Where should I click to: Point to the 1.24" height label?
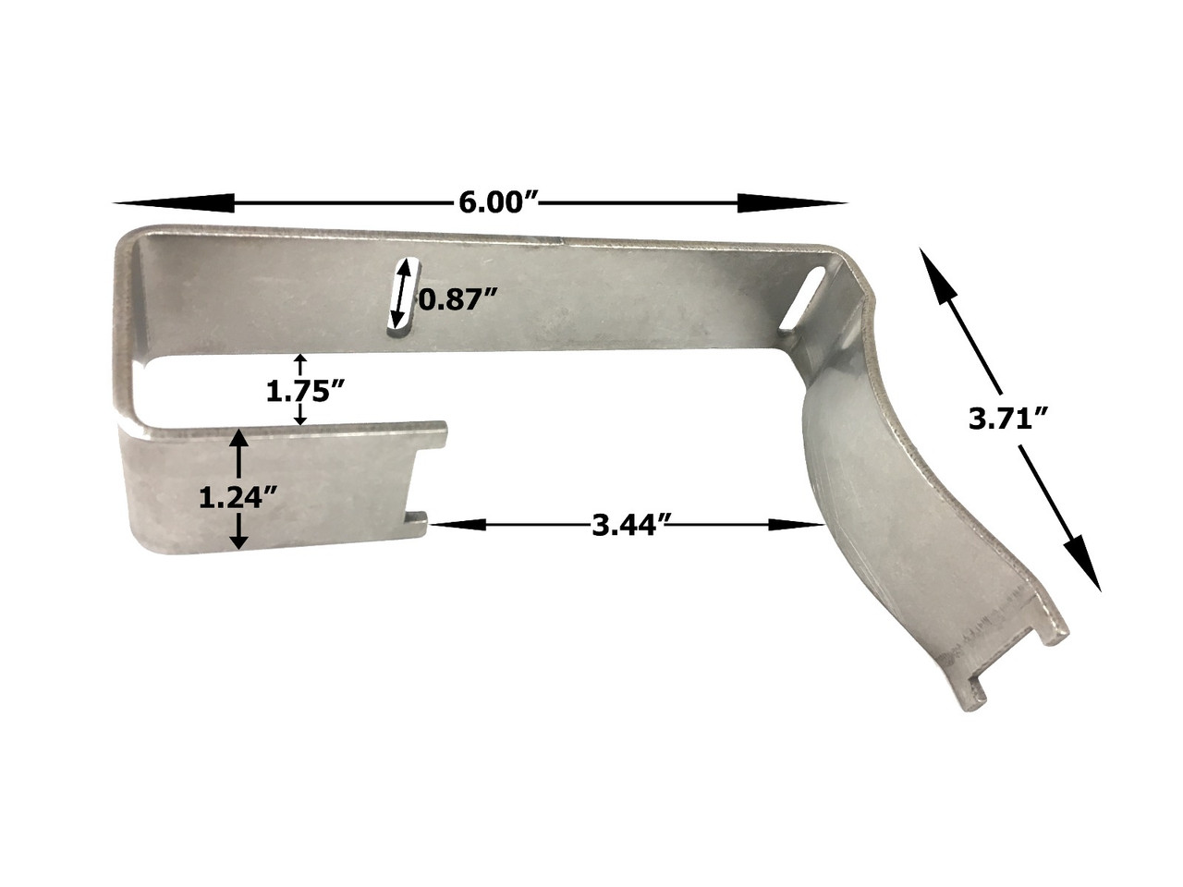click(238, 498)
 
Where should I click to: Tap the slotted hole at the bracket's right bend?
click(805, 298)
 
